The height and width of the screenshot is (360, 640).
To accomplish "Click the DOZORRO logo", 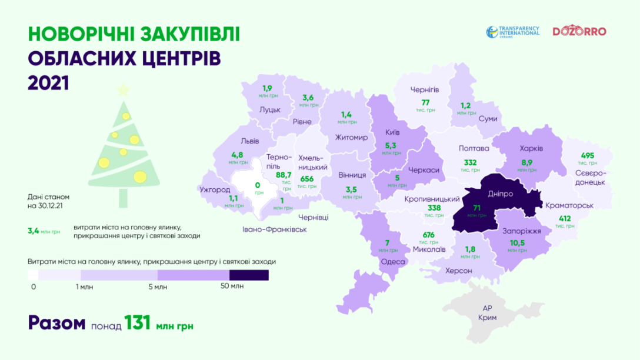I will pos(579,32).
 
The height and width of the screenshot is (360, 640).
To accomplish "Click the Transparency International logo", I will pos(512,32).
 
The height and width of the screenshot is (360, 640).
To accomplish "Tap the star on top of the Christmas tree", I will pos(123,90).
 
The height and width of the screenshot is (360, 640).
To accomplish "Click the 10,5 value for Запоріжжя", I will pos(517,244).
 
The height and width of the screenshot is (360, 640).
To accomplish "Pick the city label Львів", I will pos(250,141).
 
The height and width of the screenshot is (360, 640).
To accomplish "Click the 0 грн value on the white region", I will pos(256,185).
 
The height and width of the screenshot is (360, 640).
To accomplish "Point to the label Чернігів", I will pos(428,89).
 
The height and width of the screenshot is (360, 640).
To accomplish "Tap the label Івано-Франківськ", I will pos(275,229).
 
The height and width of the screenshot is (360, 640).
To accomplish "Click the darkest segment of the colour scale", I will pos(249,275).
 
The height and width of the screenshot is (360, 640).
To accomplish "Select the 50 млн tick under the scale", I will pos(232,287).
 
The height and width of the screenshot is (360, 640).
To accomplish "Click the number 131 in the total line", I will pos(140,323).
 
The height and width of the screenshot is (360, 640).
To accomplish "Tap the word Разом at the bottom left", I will pos(57,323).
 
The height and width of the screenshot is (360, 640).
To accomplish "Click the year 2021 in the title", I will pos(48,83).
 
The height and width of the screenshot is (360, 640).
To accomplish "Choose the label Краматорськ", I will pos(569,206).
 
